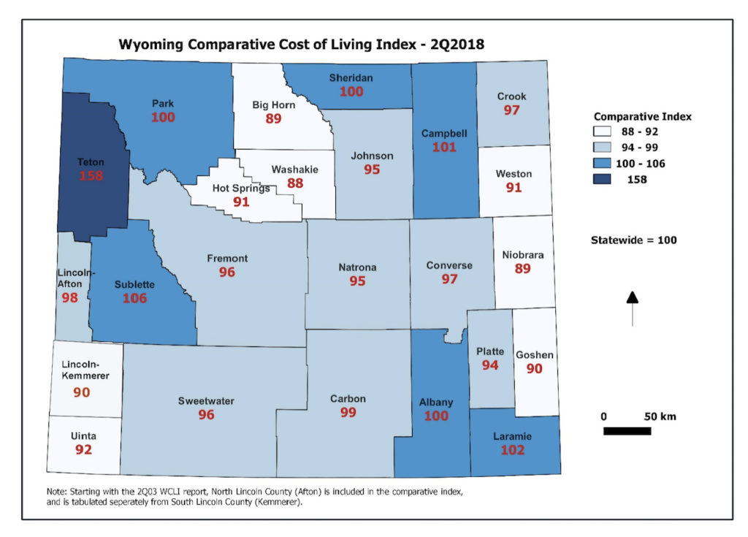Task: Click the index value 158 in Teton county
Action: [x=91, y=176]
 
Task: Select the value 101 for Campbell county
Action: [x=444, y=147]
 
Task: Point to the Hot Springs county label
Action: [x=241, y=188]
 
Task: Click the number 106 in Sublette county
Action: [x=134, y=298]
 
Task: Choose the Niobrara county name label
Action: [x=522, y=255]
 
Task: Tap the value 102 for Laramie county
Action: [x=512, y=450]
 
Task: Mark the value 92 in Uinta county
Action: [x=84, y=449]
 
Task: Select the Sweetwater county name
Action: [x=206, y=401]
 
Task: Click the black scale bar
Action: [x=627, y=431]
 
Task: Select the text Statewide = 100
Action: [x=633, y=240]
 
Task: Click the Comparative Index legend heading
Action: [x=642, y=116]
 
